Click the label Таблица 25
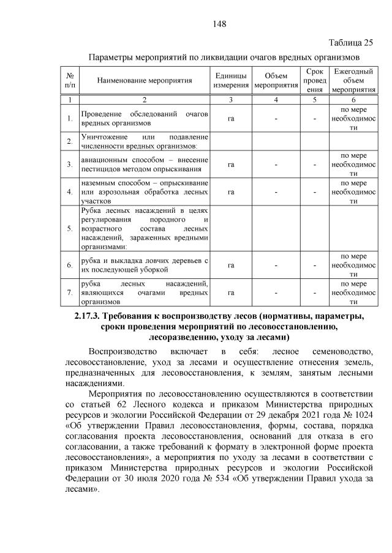click(350, 42)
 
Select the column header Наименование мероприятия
click(144, 80)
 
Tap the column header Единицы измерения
click(231, 80)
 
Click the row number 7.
click(70, 292)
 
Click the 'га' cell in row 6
click(231, 265)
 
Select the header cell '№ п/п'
click(70, 80)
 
